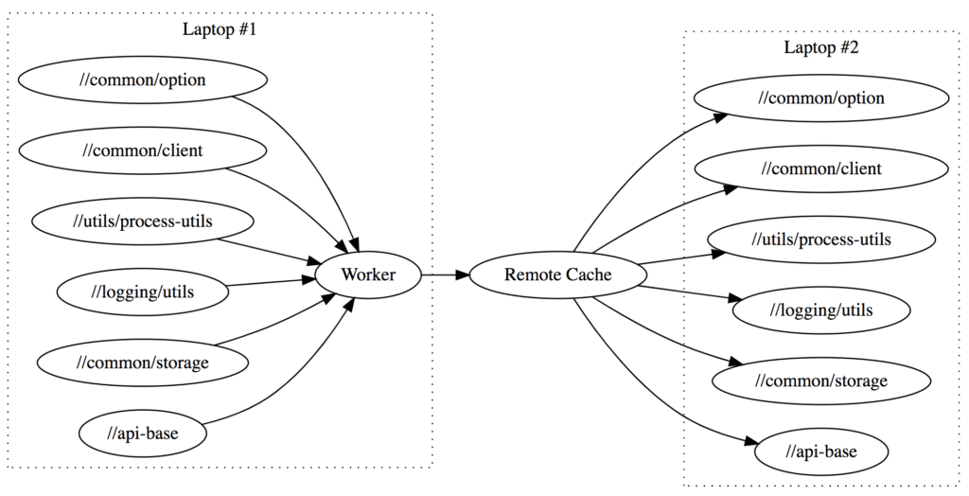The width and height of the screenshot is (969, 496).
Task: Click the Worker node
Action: (x=367, y=275)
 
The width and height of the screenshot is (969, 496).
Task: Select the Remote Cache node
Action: (x=557, y=275)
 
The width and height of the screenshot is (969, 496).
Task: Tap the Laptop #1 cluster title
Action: (x=220, y=29)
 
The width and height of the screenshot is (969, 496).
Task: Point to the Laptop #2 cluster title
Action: (x=821, y=47)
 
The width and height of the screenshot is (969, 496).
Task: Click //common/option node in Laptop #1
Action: (x=143, y=80)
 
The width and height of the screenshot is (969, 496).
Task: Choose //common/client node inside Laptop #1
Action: (x=143, y=151)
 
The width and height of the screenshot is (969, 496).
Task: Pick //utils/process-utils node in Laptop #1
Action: (x=143, y=221)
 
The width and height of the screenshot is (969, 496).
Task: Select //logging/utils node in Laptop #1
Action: (x=143, y=292)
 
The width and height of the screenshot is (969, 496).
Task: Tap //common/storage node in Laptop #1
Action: (x=143, y=363)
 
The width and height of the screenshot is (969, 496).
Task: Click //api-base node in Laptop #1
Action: (x=143, y=434)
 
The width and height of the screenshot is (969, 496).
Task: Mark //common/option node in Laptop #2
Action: (x=821, y=97)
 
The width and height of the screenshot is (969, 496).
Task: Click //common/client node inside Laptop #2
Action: (x=821, y=168)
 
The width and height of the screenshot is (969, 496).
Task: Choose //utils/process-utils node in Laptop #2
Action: (x=821, y=239)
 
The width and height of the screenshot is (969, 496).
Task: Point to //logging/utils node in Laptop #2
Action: (x=821, y=310)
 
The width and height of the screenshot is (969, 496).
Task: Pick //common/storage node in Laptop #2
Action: (x=821, y=381)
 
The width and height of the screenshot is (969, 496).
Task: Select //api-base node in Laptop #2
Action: (x=821, y=452)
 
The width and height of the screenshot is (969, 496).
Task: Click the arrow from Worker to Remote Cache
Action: (x=445, y=275)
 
